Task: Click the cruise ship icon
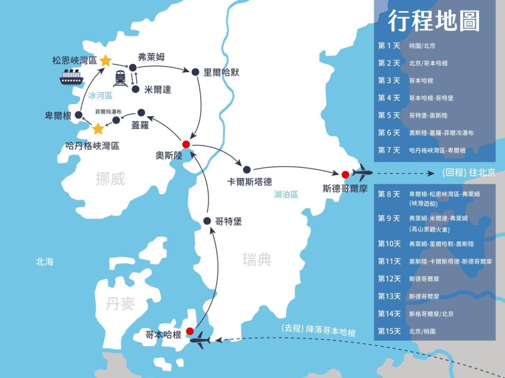[x=71, y=78]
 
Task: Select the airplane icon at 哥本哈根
[x=200, y=340]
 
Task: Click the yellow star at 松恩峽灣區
[x=105, y=61]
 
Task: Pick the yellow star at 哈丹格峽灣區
[x=98, y=129]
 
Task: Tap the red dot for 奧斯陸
[x=186, y=144]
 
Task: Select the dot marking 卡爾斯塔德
[x=247, y=169]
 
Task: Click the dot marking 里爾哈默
[x=195, y=72]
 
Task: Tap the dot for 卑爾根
[x=79, y=115]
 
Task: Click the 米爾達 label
[x=158, y=90]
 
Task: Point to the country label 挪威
[x=111, y=178]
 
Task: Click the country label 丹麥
[x=120, y=304]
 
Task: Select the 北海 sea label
[x=45, y=262]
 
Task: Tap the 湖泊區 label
[x=286, y=194]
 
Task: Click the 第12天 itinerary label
[x=389, y=279]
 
